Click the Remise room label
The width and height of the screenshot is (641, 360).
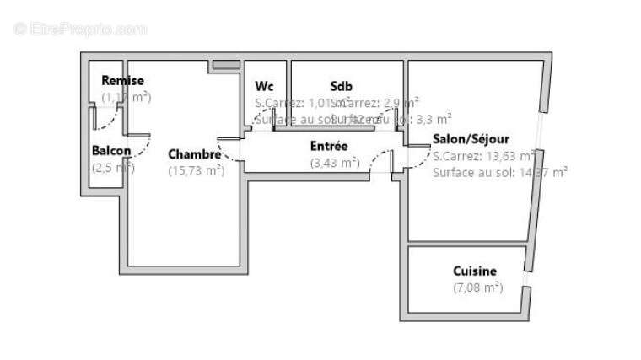[122, 80]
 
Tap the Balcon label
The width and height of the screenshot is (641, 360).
[111, 151]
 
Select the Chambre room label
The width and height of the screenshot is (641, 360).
[195, 154]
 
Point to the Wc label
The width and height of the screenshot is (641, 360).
[264, 86]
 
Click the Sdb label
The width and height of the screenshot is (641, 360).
[341, 86]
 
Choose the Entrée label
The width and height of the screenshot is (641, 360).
[329, 146]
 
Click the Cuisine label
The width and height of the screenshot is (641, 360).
[475, 271]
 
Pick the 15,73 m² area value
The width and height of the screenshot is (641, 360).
[197, 170]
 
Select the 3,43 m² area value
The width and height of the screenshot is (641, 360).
[336, 163]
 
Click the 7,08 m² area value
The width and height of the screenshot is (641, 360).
[477, 287]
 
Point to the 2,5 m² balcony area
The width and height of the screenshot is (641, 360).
[113, 167]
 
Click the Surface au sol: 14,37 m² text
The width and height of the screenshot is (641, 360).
[499, 171]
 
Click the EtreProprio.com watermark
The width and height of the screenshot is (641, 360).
[81, 29]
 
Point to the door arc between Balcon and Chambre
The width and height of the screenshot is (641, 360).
[143, 147]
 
